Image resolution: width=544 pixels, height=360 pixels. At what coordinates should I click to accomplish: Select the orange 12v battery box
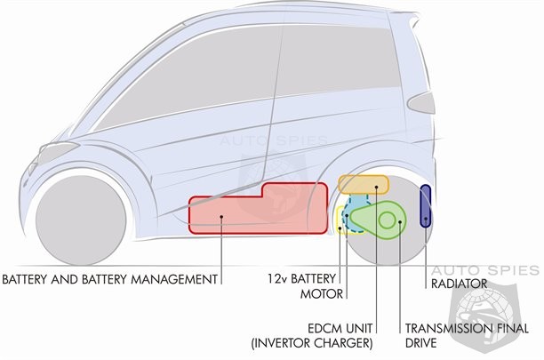coord(364,185)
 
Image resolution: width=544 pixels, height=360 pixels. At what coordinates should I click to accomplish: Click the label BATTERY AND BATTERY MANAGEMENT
coord(110,279)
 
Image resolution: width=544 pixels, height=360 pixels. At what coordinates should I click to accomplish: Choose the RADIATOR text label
coord(460,284)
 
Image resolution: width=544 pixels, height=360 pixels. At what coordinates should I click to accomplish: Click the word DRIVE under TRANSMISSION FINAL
coord(424,342)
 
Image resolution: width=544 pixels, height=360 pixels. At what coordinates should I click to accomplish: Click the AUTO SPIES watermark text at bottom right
coord(498,269)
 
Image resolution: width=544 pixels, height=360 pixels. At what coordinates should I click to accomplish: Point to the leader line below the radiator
coord(427,253)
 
